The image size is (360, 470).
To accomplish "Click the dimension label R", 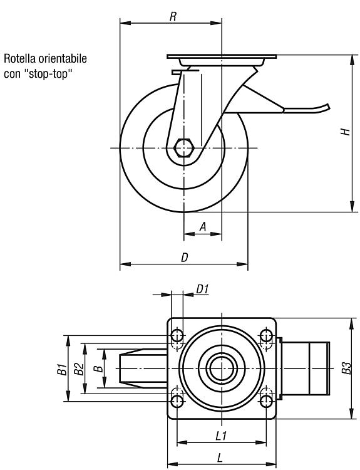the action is point(173,16).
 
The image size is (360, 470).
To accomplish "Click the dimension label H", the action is point(346,132).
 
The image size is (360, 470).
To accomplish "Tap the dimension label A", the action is point(203,227).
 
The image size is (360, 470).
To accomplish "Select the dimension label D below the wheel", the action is point(185,257).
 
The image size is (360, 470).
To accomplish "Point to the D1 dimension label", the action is point(202,290).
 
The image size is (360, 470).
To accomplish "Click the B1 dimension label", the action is point(62,369).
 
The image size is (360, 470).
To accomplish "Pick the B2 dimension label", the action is point(78,369).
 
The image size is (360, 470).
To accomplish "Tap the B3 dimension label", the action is point(346,368).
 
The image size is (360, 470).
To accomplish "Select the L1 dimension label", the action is point(222,436).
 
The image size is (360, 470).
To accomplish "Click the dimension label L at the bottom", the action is point(220,457).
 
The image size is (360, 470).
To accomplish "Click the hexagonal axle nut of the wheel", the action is point(184,148).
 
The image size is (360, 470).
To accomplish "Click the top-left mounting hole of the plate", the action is point(177,335).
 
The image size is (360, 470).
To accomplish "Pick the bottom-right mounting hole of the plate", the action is point(266,401).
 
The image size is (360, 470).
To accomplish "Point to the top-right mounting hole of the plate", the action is point(266,335).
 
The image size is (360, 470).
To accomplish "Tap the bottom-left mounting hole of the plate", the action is point(177,401).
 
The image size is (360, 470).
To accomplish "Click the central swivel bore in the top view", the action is point(222,368).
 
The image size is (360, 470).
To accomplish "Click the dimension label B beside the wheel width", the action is point(98,368).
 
